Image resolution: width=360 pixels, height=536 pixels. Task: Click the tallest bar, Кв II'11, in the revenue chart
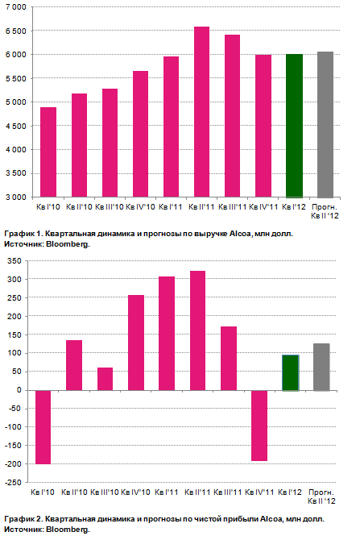[x=201, y=112]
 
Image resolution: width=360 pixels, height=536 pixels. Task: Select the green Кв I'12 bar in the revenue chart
[x=294, y=126]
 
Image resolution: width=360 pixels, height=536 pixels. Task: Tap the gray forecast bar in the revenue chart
[x=325, y=125]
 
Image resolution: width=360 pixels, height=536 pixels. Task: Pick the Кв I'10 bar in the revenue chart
[x=48, y=152]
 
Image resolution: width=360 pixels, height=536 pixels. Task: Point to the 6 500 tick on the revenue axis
[x=16, y=31]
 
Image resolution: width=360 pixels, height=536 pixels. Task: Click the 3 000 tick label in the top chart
[x=16, y=197]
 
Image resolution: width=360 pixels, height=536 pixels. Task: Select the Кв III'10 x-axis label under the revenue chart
[x=110, y=207]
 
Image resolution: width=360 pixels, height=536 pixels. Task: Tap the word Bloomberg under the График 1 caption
[x=68, y=244]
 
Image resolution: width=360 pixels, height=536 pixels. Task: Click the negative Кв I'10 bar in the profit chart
[x=43, y=427]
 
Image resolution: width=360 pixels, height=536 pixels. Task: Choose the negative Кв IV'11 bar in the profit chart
[x=259, y=426]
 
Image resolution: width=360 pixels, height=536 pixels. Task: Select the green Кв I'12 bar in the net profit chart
[x=291, y=372]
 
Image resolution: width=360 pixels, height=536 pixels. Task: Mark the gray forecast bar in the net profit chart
[x=321, y=367]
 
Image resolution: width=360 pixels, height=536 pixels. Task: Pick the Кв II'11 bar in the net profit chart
[x=198, y=330]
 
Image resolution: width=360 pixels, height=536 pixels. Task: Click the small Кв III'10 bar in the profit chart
[x=105, y=379]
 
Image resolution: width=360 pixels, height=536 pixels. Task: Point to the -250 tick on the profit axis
[x=14, y=483]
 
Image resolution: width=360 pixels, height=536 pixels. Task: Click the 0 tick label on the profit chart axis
[x=19, y=390]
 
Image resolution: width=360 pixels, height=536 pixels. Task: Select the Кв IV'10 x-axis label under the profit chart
[x=135, y=492]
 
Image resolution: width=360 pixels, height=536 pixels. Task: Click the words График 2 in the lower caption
[x=23, y=519]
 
